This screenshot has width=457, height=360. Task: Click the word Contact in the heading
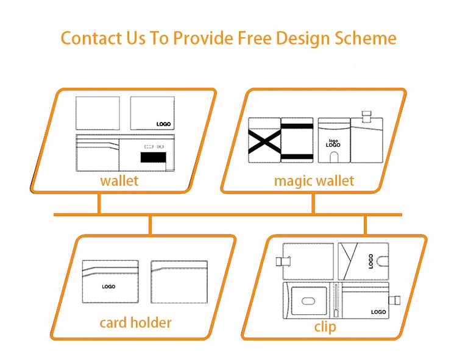click(90, 38)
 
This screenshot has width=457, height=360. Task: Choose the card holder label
click(135, 322)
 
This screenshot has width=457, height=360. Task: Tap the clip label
click(325, 327)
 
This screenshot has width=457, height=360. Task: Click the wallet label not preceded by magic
click(119, 181)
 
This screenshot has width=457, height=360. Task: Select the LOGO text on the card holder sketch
click(108, 286)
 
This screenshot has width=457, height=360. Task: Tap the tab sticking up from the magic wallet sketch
click(366, 116)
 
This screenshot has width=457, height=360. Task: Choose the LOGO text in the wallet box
click(164, 124)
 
